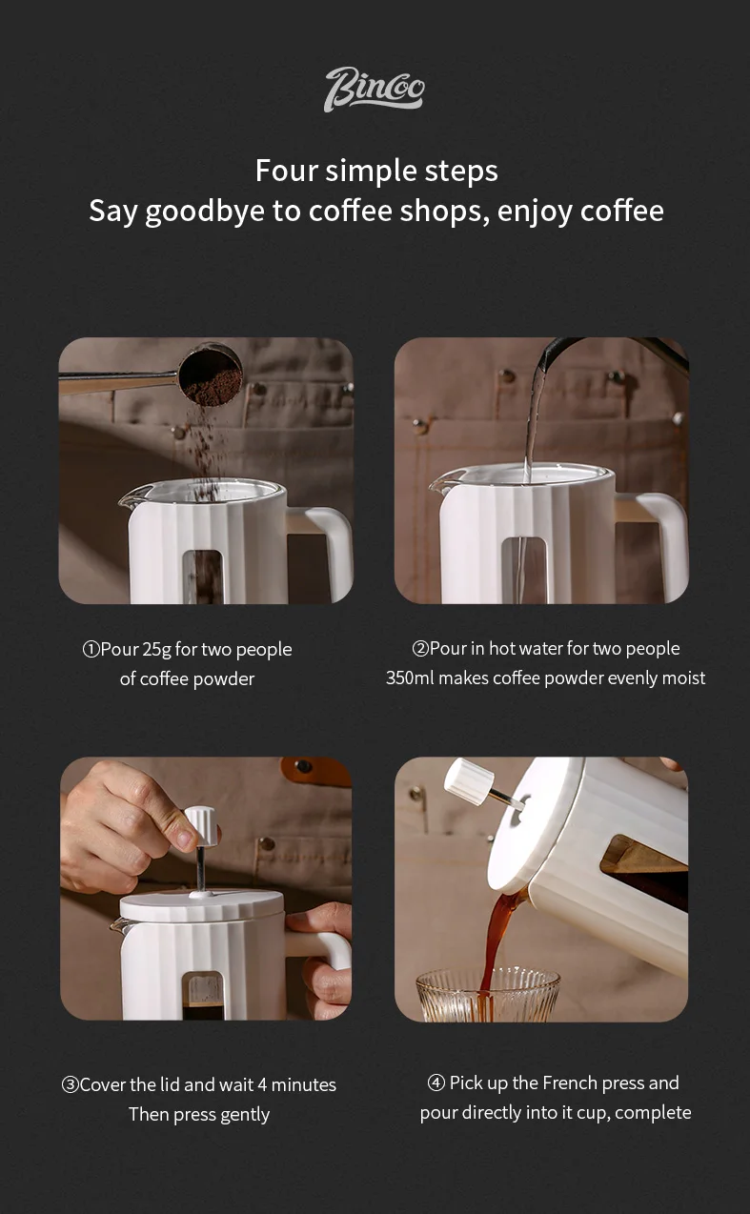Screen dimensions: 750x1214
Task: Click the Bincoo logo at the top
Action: pyautogui.click(x=375, y=90)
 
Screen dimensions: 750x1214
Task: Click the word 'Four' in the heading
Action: pyautogui.click(x=287, y=171)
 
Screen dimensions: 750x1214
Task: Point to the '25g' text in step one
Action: pyautogui.click(x=156, y=650)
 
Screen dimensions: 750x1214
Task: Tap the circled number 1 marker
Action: pyautogui.click(x=91, y=649)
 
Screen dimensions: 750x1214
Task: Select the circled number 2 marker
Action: pyautogui.click(x=420, y=648)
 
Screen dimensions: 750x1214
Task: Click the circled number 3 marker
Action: pyautogui.click(x=70, y=1085)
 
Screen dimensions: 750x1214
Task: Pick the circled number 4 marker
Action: pyautogui.click(x=436, y=1082)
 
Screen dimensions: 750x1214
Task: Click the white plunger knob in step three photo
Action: pyautogui.click(x=201, y=826)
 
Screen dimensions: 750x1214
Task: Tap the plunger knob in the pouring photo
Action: pyautogui.click(x=469, y=782)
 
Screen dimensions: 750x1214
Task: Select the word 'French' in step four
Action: pyautogui.click(x=570, y=1082)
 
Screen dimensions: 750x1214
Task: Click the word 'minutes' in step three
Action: pyautogui.click(x=303, y=1085)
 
